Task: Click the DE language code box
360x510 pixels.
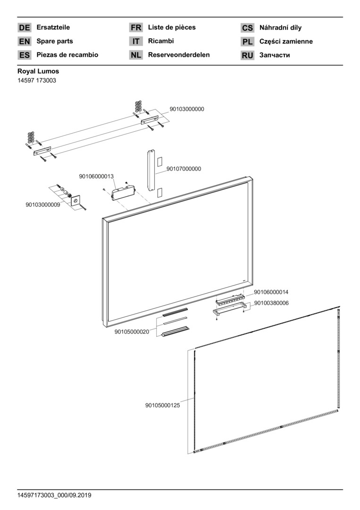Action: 24,28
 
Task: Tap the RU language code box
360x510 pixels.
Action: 247,55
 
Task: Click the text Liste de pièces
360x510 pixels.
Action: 171,27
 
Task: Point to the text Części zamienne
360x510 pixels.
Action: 285,42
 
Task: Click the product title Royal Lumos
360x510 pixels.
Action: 38,71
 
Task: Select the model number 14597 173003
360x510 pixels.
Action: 37,81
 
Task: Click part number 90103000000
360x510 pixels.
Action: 187,109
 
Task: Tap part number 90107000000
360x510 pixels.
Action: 184,169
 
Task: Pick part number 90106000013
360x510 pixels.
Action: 96,177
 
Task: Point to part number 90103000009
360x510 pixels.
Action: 43,205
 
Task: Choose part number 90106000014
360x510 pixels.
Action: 271,292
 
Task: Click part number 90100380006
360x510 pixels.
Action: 271,303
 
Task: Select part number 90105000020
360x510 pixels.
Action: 132,332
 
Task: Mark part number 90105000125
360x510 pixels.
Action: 162,405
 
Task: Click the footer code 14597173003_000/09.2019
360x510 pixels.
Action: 54,495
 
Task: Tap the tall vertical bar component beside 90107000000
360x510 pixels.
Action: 151,170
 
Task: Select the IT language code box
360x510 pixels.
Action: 135,42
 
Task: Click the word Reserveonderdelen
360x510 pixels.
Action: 179,55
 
